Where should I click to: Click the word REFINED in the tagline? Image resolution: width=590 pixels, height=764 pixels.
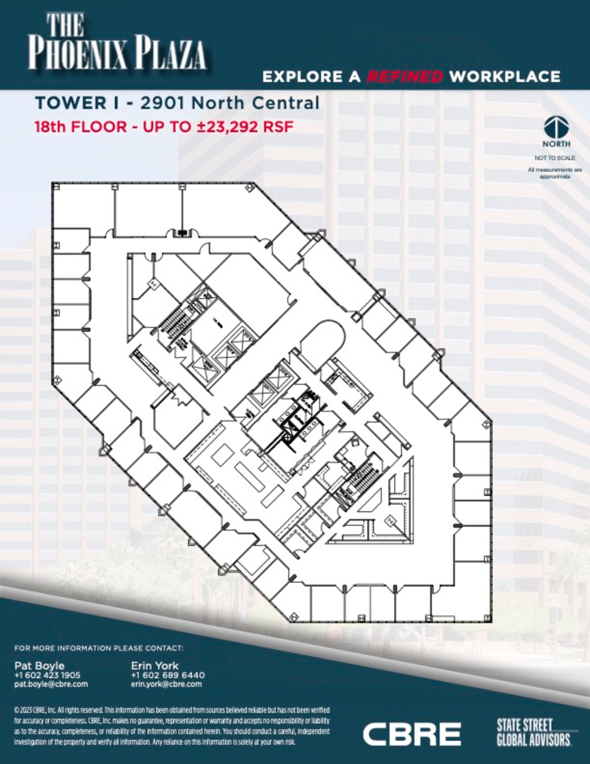pos(404,77)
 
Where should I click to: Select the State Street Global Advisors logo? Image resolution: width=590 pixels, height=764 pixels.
pos(534,732)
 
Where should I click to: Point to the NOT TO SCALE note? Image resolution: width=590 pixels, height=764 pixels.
pos(556,158)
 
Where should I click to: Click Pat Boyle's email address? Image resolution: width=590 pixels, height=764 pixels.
pos(50,684)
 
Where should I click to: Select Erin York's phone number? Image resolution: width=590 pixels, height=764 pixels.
pos(168,675)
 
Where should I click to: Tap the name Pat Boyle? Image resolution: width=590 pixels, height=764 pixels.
pos(39,666)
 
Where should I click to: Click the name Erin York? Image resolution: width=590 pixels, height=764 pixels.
pos(155,666)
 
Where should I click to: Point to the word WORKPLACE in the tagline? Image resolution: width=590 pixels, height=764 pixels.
pos(505,77)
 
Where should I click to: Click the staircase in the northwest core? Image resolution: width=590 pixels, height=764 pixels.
pos(175,322)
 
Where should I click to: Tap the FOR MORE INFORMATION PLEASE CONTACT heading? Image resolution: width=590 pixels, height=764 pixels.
pos(98,648)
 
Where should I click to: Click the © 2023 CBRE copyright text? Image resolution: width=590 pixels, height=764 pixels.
pos(39,710)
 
